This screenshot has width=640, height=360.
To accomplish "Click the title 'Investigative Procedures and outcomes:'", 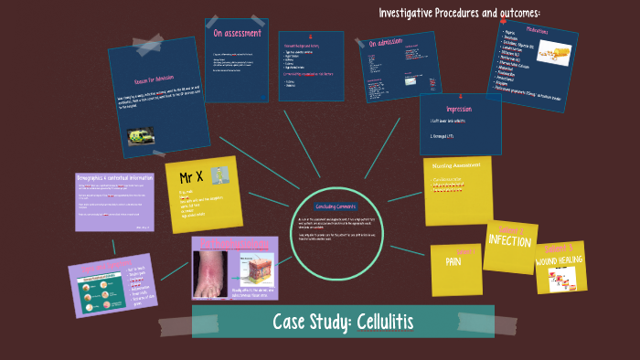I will point(459,12).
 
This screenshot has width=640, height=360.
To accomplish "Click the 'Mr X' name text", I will point(191,175).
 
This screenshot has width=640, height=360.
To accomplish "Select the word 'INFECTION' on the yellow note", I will point(509,240).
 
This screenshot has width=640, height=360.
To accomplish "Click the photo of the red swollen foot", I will point(216,272).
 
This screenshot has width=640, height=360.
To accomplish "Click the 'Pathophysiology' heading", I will point(233,244).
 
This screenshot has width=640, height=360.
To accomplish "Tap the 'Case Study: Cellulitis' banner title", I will point(342,322).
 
